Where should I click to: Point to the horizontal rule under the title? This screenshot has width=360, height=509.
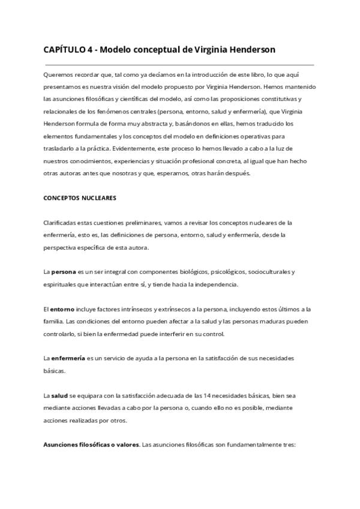179,64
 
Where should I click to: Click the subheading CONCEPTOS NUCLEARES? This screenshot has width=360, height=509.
80,197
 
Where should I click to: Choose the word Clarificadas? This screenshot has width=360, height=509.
61,222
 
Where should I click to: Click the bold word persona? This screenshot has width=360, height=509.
64,271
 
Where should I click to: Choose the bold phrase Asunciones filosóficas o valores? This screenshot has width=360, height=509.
91,445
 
